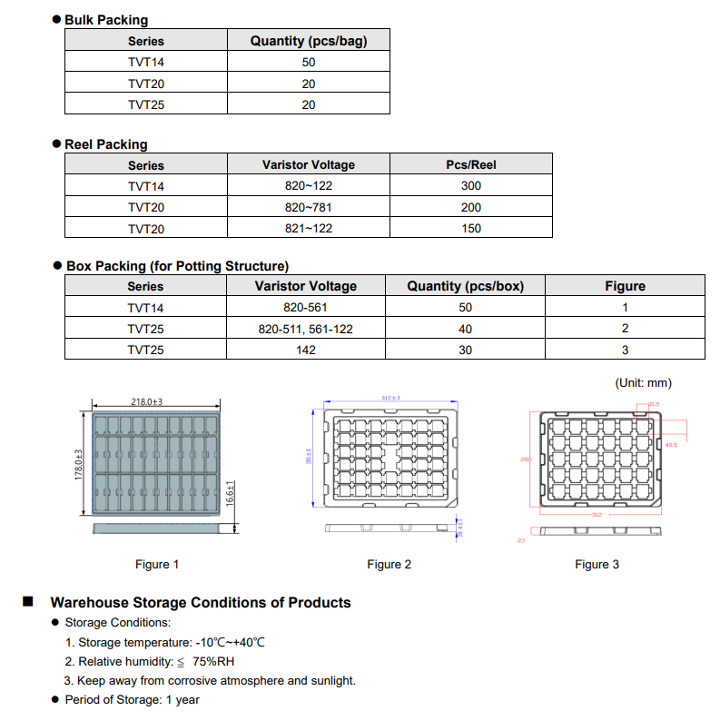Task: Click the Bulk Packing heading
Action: coord(106,20)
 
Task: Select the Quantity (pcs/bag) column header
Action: coord(308,41)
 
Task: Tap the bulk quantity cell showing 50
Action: coord(308,63)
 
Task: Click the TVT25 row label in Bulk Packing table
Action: coord(146,104)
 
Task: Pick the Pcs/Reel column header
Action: coord(470,165)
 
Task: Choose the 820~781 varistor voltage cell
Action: coord(308,207)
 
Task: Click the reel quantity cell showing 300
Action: coord(470,186)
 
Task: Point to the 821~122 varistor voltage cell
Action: coord(308,229)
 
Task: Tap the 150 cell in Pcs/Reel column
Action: coord(470,229)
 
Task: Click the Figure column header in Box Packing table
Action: coord(625,286)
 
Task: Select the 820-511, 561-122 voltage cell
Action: coord(305,329)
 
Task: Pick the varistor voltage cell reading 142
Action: coord(306,350)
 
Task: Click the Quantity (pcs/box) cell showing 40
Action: coord(465,329)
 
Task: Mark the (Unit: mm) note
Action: coord(644,383)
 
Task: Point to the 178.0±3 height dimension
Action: coord(79,464)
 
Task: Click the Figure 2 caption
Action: coord(389,565)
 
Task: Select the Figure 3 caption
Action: coord(597,565)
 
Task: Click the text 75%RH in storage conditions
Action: coord(213,661)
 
